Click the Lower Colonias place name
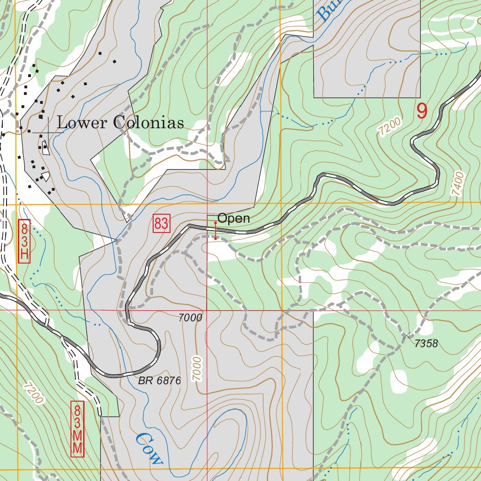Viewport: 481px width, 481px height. pyautogui.click(x=120, y=123)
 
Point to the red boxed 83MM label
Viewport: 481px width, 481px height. pyautogui.click(x=78, y=429)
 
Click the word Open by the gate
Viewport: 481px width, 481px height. pyautogui.click(x=233, y=218)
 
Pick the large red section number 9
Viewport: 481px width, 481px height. pyautogui.click(x=422, y=111)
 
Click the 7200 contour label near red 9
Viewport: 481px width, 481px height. pyautogui.click(x=390, y=127)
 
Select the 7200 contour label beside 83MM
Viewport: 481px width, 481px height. pyautogui.click(x=33, y=393)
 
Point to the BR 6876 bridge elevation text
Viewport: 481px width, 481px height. pyautogui.click(x=159, y=381)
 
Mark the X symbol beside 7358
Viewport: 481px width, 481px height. pyautogui.click(x=406, y=335)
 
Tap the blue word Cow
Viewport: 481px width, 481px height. pyautogui.click(x=148, y=448)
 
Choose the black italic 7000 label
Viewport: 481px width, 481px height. pyautogui.click(x=190, y=318)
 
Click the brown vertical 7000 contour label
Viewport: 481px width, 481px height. pyautogui.click(x=196, y=368)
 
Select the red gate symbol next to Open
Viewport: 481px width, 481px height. pyautogui.click(x=216, y=231)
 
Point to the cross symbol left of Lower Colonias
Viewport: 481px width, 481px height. pyautogui.click(x=48, y=133)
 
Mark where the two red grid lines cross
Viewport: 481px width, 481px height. pyautogui.click(x=207, y=310)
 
